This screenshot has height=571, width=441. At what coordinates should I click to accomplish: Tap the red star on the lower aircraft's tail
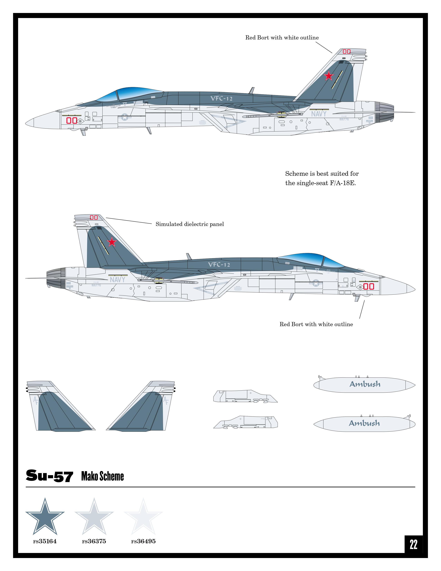coord(112,242)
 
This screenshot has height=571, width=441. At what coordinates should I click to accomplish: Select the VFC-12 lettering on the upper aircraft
coord(221,99)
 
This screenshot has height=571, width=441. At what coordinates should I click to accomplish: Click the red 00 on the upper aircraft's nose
coord(72,121)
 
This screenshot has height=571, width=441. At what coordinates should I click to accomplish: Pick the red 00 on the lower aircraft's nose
coord(369,286)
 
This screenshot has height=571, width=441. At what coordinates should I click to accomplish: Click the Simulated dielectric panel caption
coord(190,224)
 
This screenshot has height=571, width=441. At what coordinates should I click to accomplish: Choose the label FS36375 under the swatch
coord(94,541)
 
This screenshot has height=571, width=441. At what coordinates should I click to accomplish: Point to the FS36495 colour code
coord(143,541)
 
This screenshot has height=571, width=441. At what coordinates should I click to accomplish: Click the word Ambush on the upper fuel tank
coord(365,384)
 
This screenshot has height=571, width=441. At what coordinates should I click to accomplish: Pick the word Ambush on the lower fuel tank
coord(364,423)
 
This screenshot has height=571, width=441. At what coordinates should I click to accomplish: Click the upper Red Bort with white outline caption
coord(282,38)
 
